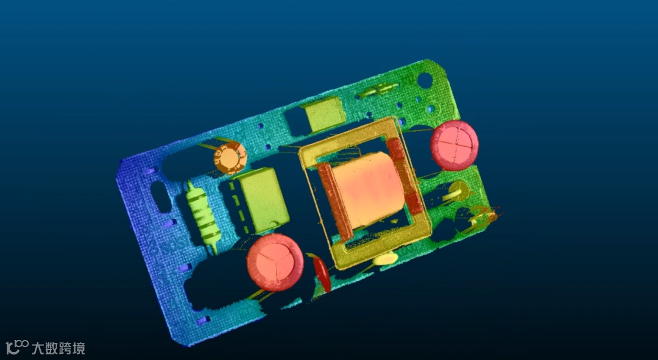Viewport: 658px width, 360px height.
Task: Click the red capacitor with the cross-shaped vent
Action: tap(455, 145)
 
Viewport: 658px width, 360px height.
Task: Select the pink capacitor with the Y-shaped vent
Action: tap(275, 263)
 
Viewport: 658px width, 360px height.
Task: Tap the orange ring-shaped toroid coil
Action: tap(230, 158)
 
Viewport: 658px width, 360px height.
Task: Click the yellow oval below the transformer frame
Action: tap(386, 259)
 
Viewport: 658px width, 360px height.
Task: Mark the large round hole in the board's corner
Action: tap(425, 80)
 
